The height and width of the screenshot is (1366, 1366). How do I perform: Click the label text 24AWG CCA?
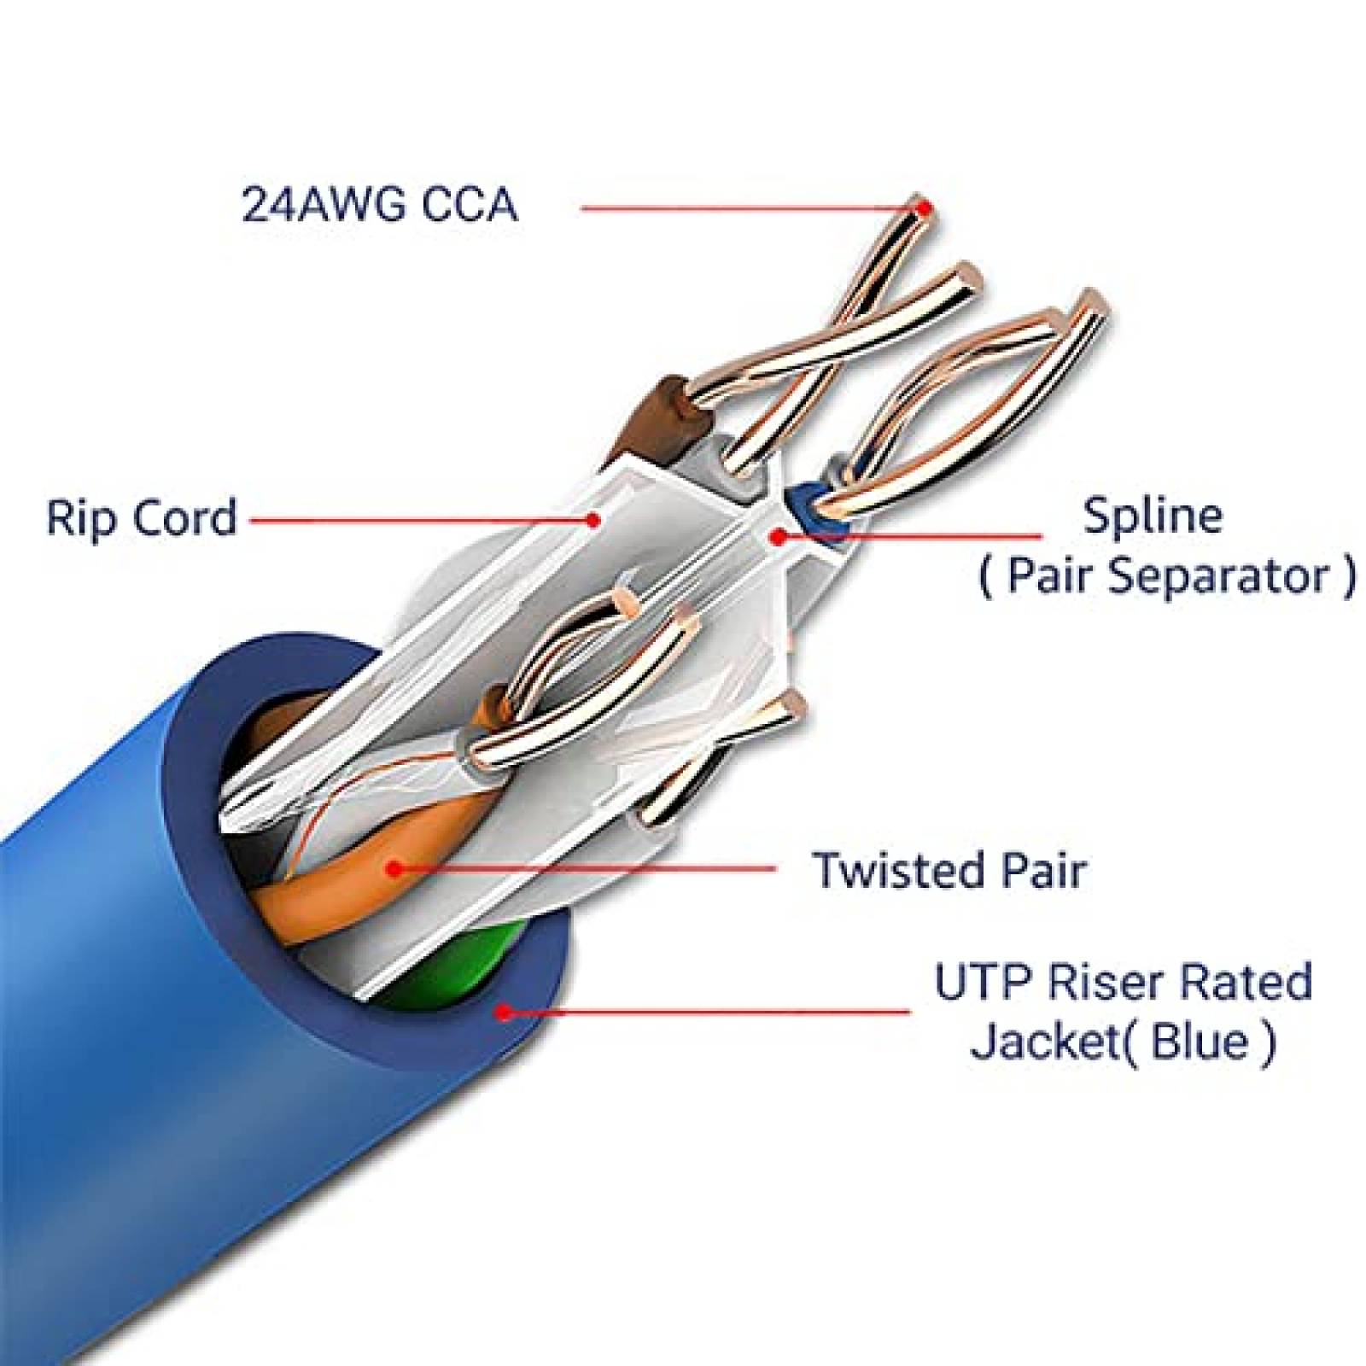click(379, 205)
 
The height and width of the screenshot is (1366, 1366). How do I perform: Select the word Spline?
click(1152, 516)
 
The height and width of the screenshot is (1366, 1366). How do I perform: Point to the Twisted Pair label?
click(949, 870)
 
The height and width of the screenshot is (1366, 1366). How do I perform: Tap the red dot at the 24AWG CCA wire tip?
click(923, 207)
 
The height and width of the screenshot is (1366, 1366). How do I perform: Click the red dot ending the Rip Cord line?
click(594, 518)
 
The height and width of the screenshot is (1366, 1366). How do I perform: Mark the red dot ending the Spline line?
click(778, 536)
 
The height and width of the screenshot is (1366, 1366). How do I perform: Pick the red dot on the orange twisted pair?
click(394, 869)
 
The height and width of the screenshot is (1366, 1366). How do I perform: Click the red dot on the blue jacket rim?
click(505, 1013)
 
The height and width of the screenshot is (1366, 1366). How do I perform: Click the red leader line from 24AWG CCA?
click(743, 207)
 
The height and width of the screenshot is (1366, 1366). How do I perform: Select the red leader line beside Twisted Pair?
click(589, 869)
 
